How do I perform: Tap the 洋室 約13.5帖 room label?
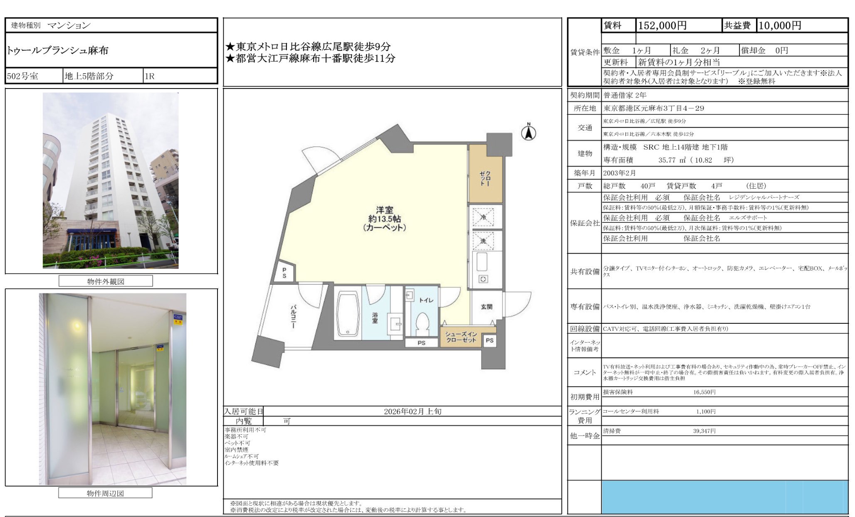point(384,219)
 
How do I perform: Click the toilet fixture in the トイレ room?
point(423,323)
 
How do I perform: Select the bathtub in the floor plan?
point(348,313)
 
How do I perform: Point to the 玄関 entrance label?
point(487,307)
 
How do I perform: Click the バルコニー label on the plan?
point(293,317)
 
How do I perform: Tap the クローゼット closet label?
point(485,178)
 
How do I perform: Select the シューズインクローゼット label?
point(461,337)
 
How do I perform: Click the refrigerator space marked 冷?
point(483,217)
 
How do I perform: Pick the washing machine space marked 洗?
point(483,241)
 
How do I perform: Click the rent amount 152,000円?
point(662,25)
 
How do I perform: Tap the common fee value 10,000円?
point(780,25)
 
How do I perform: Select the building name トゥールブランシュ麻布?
point(57,51)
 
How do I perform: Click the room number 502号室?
point(22,76)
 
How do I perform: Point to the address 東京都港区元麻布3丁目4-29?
point(654,108)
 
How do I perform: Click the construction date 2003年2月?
point(619,173)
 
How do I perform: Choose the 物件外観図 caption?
point(106,281)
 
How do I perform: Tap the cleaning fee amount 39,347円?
point(704,431)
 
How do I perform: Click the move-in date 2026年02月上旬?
point(413,411)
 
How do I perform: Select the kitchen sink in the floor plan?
point(482,262)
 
